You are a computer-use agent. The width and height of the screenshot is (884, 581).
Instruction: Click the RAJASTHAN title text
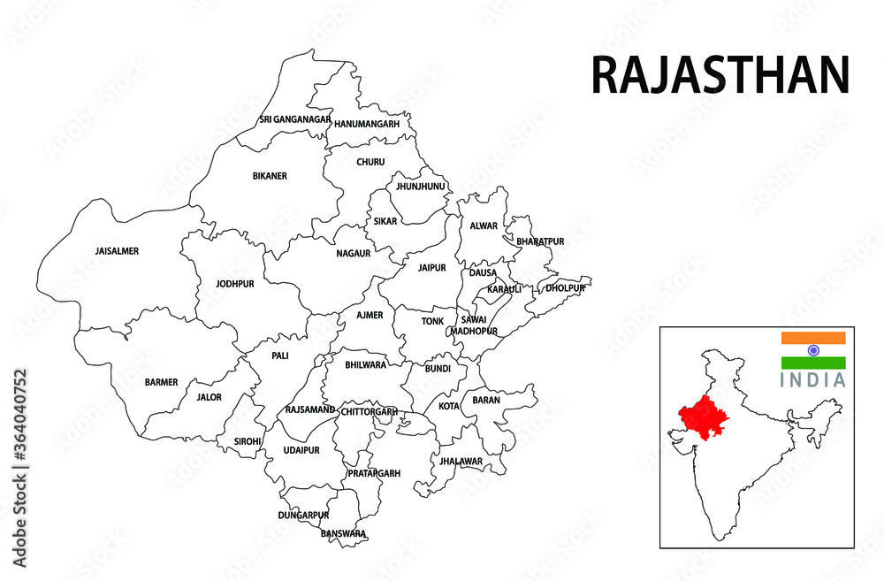(720, 74)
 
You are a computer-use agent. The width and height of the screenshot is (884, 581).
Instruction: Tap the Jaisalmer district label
(117, 251)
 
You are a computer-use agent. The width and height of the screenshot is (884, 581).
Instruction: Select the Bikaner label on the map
(270, 176)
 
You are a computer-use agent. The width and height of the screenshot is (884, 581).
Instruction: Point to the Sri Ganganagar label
(295, 119)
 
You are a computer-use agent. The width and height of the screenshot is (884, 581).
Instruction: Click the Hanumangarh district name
(367, 124)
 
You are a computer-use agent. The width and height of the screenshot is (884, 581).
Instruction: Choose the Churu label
(370, 162)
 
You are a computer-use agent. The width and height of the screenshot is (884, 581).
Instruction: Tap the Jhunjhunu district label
(420, 187)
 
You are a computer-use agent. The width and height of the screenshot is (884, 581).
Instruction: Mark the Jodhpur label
(234, 284)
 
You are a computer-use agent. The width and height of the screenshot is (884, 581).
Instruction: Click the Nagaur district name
(353, 254)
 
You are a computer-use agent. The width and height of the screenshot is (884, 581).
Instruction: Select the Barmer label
(161, 383)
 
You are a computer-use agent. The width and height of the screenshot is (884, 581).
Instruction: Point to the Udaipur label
(301, 450)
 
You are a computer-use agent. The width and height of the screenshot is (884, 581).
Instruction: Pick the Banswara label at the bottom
(344, 533)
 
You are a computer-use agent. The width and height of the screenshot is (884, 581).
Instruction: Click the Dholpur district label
(565, 288)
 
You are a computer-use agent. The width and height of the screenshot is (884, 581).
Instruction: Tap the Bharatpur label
(540, 241)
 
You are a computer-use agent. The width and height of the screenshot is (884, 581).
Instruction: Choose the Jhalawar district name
(460, 462)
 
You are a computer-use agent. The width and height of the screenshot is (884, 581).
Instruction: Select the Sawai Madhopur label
(475, 325)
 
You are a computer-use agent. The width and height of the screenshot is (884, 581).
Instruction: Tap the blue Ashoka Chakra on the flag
(813, 350)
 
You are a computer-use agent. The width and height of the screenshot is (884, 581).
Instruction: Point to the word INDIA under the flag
(813, 380)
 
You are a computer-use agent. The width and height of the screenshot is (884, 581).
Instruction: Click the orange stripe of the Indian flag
(813, 338)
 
